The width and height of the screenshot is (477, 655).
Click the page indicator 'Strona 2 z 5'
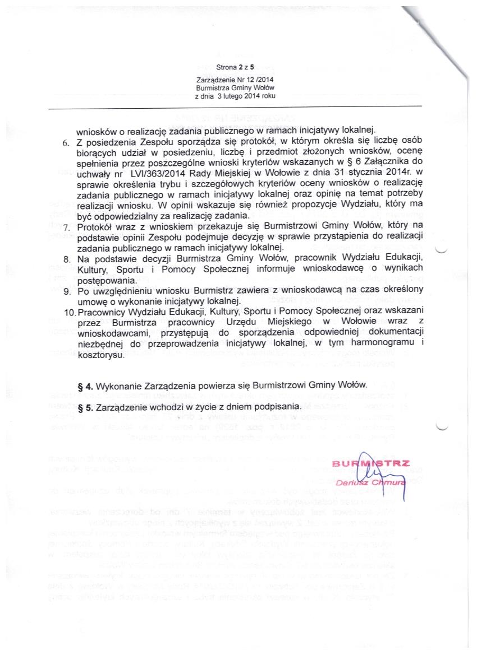(x=235, y=67)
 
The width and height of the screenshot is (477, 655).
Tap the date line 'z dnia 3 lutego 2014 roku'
(x=235, y=96)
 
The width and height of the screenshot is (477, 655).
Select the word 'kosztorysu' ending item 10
(x=100, y=356)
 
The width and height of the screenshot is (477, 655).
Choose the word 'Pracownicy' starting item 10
(x=102, y=311)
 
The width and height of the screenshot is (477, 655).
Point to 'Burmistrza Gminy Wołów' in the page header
(x=235, y=89)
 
